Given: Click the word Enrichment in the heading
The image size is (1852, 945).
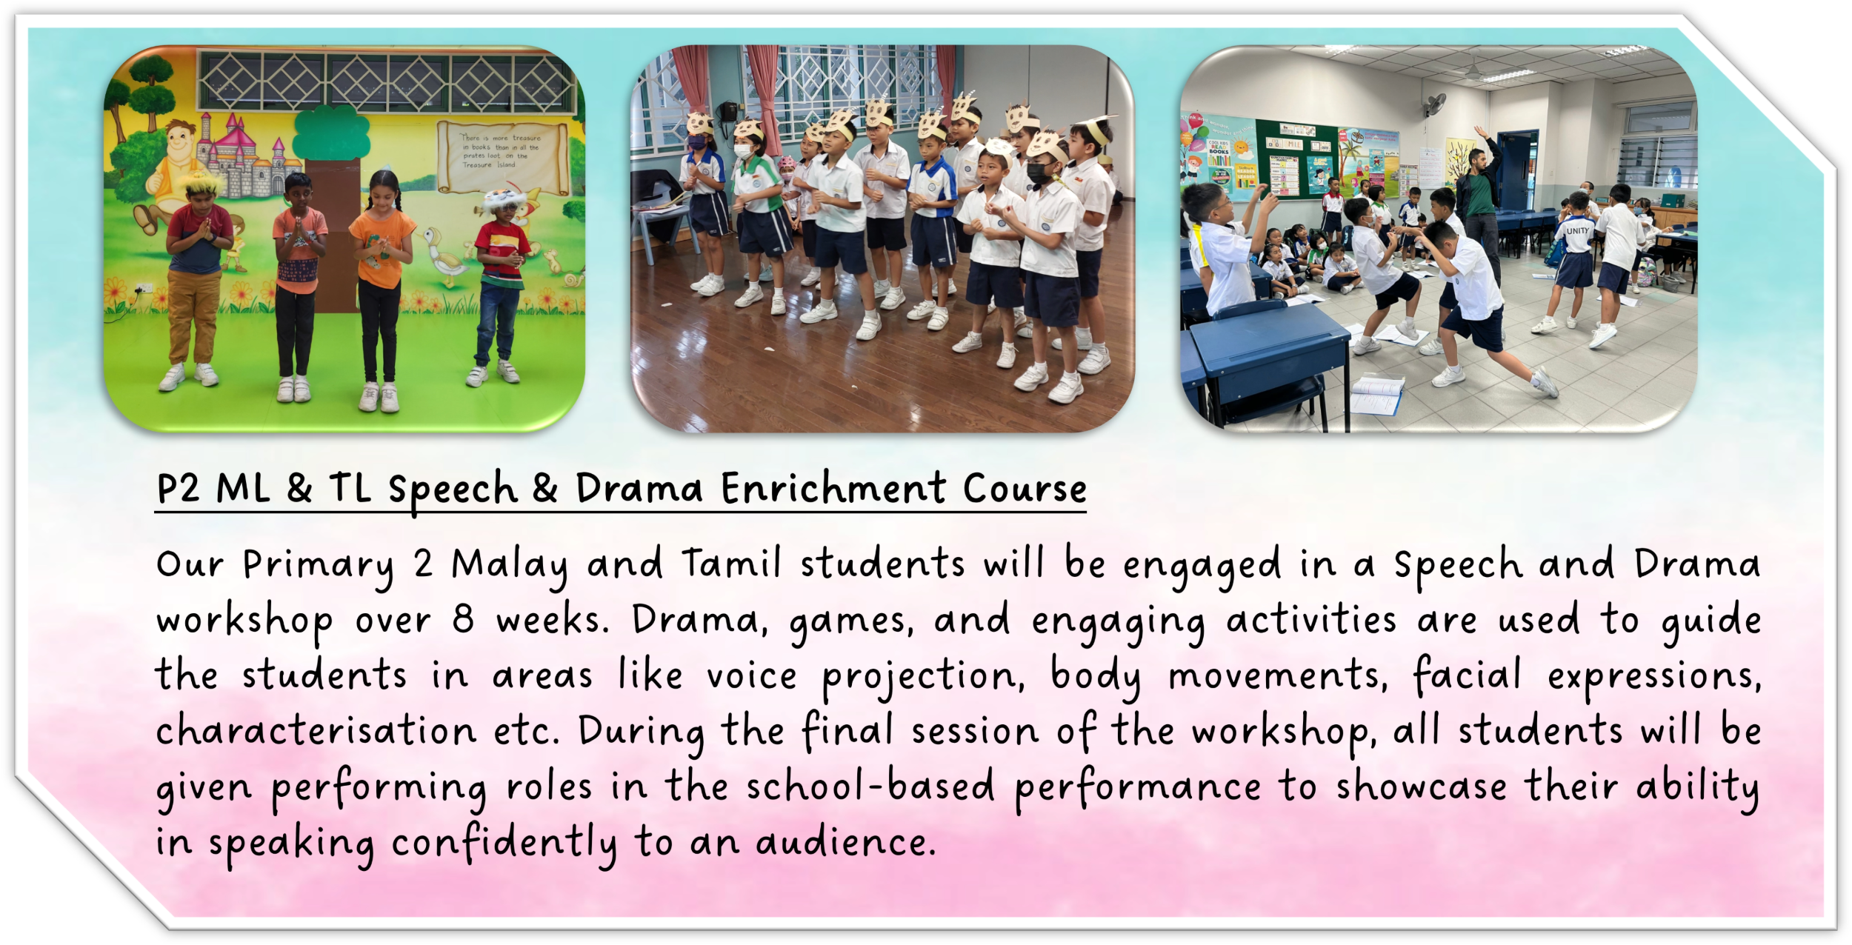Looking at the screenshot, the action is (x=833, y=489).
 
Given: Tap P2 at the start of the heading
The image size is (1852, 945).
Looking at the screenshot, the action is (x=178, y=489).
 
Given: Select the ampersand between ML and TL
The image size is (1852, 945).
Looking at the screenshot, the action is (x=299, y=489).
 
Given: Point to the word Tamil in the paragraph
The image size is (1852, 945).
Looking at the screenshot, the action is (x=731, y=563).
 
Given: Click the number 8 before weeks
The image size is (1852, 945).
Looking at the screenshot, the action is (x=463, y=619).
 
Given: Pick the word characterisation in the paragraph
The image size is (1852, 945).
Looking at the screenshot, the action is (x=316, y=730).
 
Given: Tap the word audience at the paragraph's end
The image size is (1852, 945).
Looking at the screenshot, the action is (x=845, y=842).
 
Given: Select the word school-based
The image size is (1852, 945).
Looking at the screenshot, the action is (x=870, y=786).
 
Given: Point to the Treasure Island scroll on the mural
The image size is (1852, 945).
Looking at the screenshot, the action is (x=502, y=156).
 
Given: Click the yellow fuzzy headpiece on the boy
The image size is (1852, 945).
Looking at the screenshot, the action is (x=202, y=183).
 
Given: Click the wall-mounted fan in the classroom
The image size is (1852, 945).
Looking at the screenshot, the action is (x=1433, y=104).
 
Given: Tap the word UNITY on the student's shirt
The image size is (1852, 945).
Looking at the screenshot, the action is (x=1577, y=230).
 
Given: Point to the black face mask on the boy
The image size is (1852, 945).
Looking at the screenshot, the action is (x=1039, y=174).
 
